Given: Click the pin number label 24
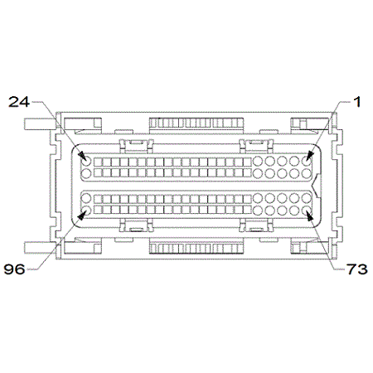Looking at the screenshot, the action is [x=19, y=102].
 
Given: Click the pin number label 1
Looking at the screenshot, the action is [x=357, y=102].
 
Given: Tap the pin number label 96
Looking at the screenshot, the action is [x=14, y=269].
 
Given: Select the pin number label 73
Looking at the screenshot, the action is [x=357, y=269].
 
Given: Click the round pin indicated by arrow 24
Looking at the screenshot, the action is [x=86, y=160].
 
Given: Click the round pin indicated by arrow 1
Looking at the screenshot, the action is [x=307, y=160].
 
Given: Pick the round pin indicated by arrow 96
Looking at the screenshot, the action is [x=86, y=211].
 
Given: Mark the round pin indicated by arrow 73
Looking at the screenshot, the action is [x=307, y=211].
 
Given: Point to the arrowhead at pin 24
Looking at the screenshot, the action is [x=82, y=155].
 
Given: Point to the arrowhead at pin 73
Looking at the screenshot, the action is [x=310, y=216].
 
